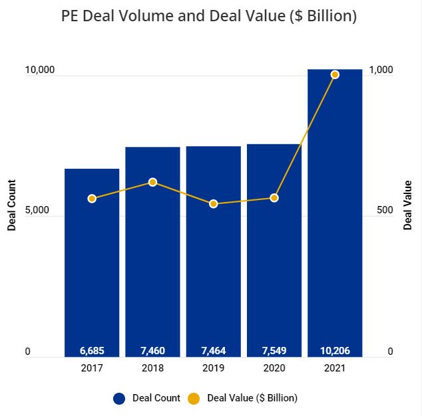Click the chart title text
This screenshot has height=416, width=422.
click(210, 16)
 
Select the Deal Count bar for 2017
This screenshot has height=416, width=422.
click(92, 266)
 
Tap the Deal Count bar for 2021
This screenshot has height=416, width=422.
click(335, 213)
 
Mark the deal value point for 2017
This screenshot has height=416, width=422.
click(92, 199)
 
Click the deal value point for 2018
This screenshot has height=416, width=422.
click(152, 182)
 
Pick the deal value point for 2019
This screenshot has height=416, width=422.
click(213, 204)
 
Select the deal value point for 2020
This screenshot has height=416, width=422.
click(274, 198)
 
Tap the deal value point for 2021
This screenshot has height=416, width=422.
click(335, 74)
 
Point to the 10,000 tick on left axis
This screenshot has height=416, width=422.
click(39, 70)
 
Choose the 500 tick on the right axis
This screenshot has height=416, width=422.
click(385, 210)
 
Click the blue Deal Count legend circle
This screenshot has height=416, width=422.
click(119, 398)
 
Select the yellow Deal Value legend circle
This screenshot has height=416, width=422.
click(194, 398)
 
